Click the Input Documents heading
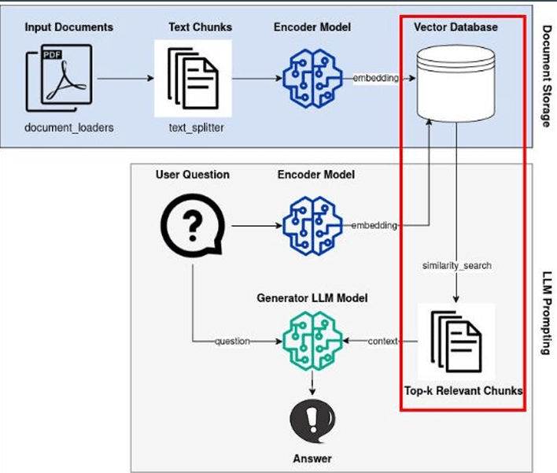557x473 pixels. click(x=69, y=27)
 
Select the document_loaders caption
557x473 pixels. click(x=69, y=127)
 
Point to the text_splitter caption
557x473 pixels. click(x=197, y=127)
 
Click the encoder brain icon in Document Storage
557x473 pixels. click(x=312, y=78)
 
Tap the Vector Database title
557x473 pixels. click(x=456, y=27)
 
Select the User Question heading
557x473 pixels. click(x=193, y=174)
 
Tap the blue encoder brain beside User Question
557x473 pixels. click(x=312, y=226)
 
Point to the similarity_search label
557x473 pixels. click(x=457, y=265)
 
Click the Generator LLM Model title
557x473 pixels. click(x=312, y=298)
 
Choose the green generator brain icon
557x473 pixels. click(x=312, y=341)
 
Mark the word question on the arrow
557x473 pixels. click(x=232, y=341)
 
